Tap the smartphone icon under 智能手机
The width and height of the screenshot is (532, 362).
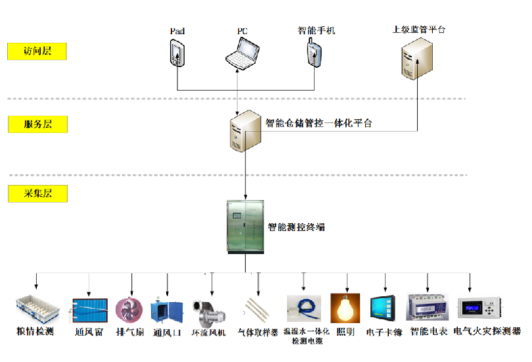coord(313,53)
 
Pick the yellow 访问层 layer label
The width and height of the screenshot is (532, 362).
coord(37,51)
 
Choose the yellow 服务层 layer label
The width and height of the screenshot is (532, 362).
coord(37,124)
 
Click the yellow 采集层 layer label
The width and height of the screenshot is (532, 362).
coord(37,194)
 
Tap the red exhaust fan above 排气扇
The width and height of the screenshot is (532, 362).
coord(129,310)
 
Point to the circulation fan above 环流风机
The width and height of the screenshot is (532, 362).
coord(208,310)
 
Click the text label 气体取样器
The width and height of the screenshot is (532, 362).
coord(258,332)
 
